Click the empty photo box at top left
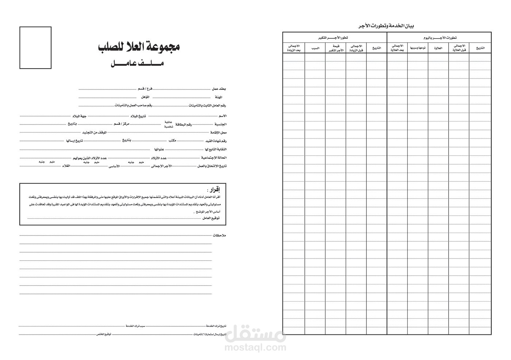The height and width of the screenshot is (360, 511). point(35,47)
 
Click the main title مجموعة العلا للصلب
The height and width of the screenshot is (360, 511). point(139,47)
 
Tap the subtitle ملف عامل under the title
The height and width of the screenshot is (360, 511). point(137,64)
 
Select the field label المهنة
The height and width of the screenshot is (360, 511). point(219,97)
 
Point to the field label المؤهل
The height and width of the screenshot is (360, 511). point(145,97)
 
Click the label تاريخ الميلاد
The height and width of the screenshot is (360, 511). point(138,116)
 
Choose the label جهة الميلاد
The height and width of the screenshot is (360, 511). point(80,116)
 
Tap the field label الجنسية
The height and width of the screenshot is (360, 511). point(220,124)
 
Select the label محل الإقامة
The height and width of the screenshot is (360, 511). point(219,133)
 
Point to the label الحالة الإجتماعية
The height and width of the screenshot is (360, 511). point(214,158)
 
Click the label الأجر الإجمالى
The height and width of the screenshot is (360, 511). point(162,166)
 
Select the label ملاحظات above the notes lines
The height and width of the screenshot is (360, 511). point(219,235)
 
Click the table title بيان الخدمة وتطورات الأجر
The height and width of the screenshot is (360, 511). point(387,26)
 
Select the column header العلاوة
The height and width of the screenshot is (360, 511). point(438,48)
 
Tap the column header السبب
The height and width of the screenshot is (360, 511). point(315,48)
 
